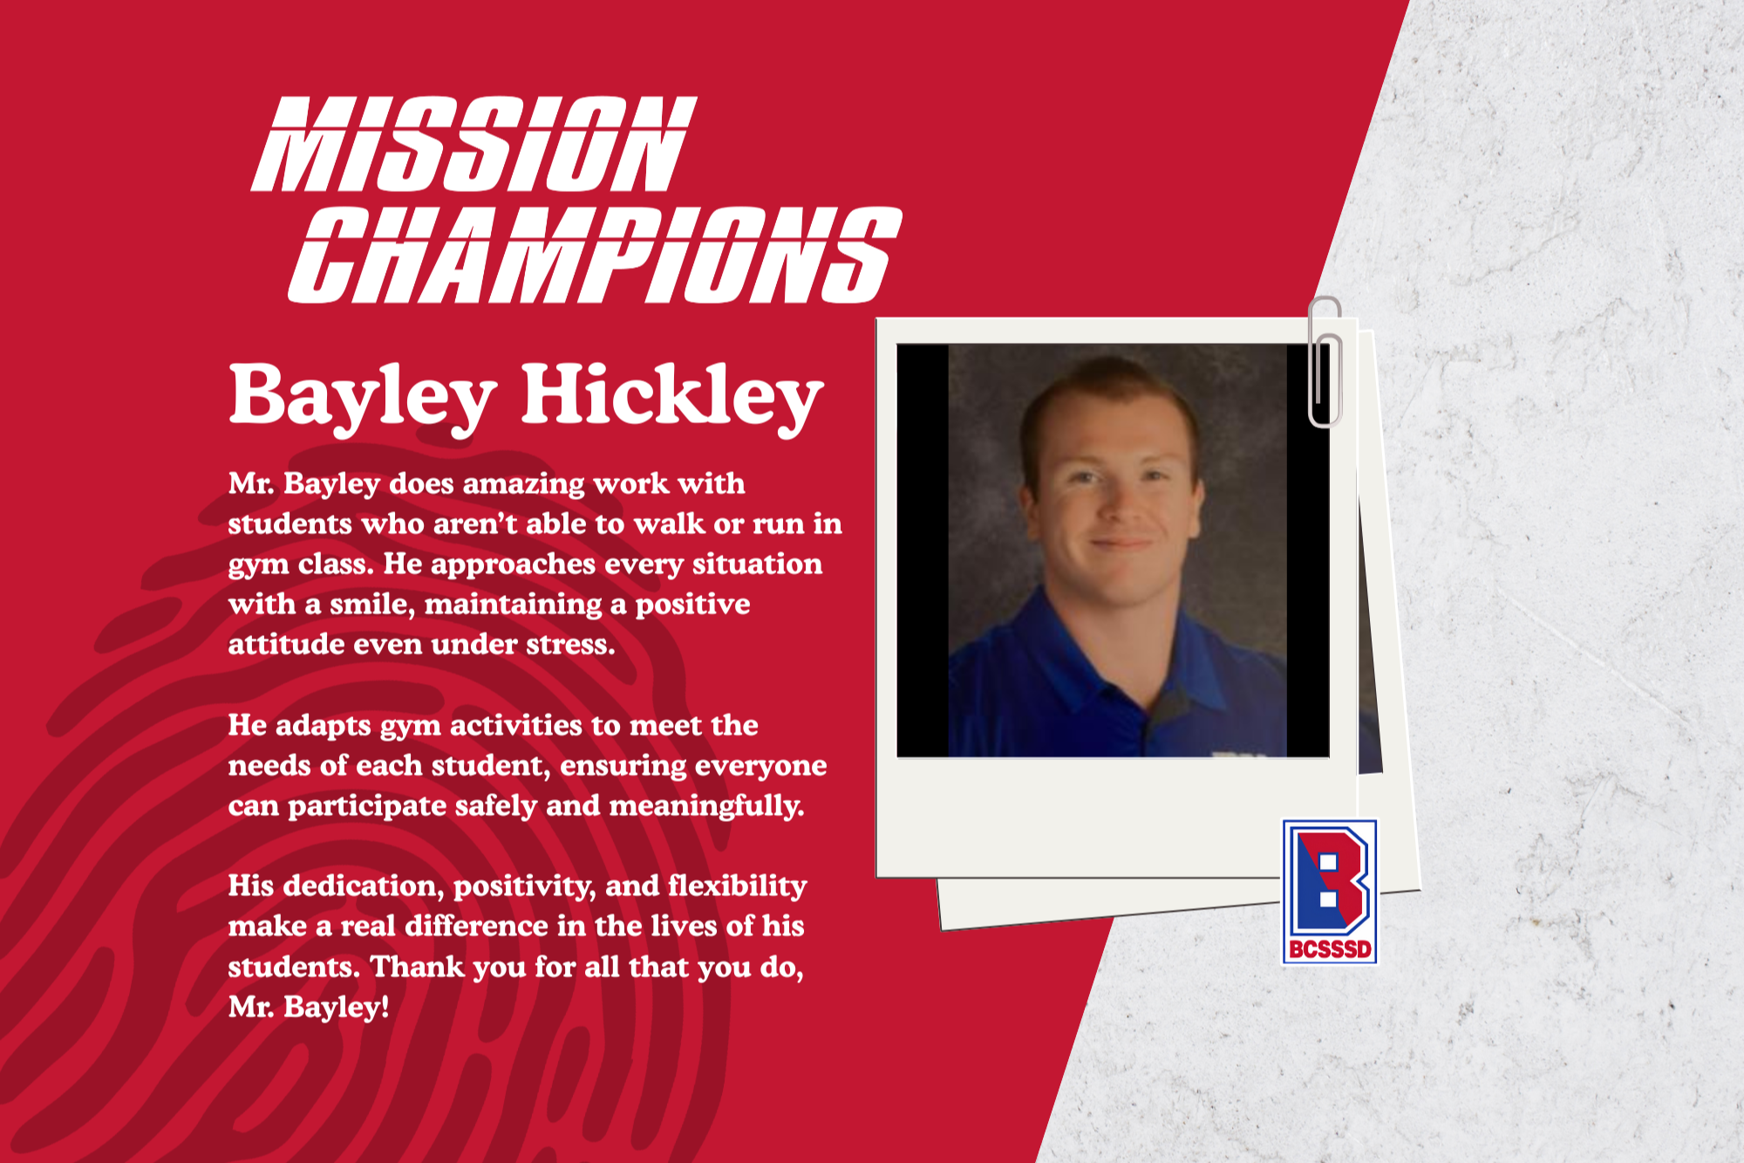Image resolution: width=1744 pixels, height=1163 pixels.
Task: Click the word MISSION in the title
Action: pyautogui.click(x=473, y=144)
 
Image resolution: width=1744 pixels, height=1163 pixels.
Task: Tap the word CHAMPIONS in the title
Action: pyautogui.click(x=595, y=255)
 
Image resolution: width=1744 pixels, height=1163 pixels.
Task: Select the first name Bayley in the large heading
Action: pyautogui.click(x=363, y=397)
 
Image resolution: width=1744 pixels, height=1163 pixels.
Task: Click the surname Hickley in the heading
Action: pyautogui.click(x=672, y=397)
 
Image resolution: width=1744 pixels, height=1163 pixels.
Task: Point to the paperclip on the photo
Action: pyautogui.click(x=1325, y=362)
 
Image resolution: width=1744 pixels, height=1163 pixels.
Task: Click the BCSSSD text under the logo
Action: pyautogui.click(x=1330, y=949)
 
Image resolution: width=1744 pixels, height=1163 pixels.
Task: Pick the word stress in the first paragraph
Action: pyautogui.click(x=572, y=645)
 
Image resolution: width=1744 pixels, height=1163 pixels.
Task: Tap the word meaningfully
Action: pyautogui.click(x=706, y=806)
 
